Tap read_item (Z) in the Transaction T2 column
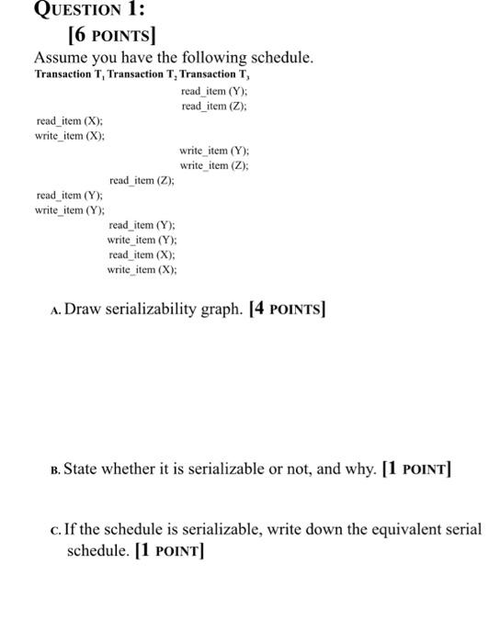[142, 180]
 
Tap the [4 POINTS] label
[288, 310]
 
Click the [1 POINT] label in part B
[414, 470]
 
